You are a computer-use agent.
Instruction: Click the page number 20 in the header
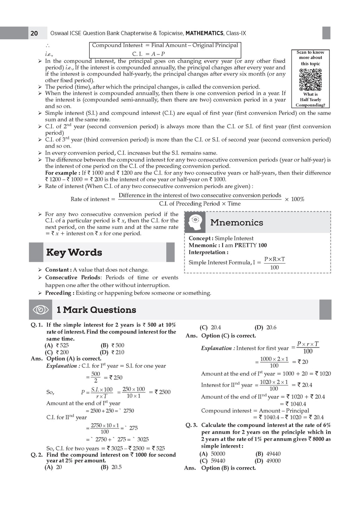[34, 33]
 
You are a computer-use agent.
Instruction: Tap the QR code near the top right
[310, 79]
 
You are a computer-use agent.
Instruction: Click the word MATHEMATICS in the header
[204, 33]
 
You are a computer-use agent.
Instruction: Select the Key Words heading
[74, 252]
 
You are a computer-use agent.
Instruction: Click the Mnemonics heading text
[237, 222]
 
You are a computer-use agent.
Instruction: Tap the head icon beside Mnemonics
[195, 222]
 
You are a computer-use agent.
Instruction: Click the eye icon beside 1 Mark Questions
[40, 310]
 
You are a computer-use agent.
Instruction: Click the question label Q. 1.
[37, 325]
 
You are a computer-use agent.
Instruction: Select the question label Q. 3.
[192, 425]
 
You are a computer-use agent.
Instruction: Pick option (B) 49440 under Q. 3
[268, 454]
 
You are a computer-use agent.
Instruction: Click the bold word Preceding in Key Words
[59, 293]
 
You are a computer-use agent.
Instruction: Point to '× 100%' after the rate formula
[294, 199]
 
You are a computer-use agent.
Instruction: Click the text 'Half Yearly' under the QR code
[310, 100]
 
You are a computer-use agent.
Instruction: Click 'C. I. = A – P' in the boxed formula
[148, 54]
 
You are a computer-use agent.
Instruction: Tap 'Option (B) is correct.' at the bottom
[229, 468]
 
